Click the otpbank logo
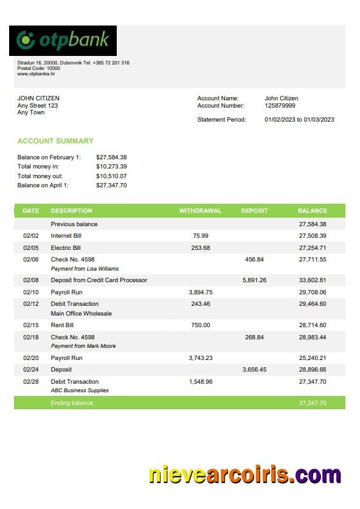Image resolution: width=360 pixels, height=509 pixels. coord(63,40)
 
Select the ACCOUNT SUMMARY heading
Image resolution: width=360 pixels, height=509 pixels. coord(55,141)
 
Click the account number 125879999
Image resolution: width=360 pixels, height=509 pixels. coord(280,106)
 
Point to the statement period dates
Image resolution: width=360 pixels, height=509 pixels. coord(299,120)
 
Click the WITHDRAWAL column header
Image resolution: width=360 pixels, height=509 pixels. coord(200,211)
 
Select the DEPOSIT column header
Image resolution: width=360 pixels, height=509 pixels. coord(254,211)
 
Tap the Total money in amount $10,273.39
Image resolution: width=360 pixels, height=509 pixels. coord(111,167)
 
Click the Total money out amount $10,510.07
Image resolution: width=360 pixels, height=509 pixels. coord(111,176)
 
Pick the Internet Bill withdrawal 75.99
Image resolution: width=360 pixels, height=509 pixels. coord(201,236)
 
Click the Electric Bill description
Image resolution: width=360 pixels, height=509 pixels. coord(66,248)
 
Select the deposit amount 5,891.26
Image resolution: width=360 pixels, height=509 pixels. coord(254,280)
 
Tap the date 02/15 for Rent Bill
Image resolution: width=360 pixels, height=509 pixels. coord(30,325)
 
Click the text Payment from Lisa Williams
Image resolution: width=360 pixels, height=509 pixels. coord(85,269)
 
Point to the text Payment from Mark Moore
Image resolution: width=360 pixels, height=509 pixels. coord(83,346)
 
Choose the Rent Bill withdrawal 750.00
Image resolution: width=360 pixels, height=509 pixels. coord(201,325)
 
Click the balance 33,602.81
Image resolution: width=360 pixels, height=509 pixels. coord(313,280)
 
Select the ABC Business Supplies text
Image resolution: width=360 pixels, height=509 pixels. coord(80,390)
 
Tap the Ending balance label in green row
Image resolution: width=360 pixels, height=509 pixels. coord(72,403)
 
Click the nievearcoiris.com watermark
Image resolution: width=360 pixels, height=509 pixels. coord(244,474)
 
